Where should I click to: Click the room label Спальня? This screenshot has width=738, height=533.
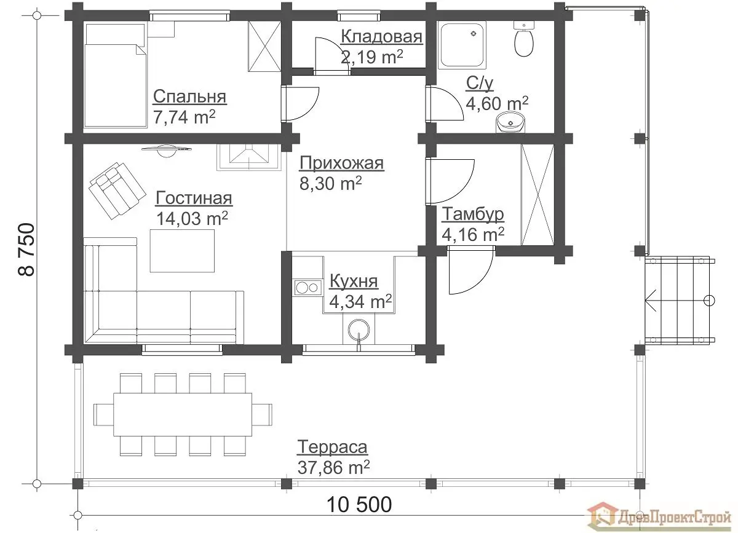coord(190,97)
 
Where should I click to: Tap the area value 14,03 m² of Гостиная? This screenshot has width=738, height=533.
coord(192,218)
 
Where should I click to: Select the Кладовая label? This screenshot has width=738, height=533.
coord(381,36)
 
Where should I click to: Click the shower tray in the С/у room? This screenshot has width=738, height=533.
coord(462,45)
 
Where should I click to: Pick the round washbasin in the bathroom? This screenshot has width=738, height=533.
coord(510,122)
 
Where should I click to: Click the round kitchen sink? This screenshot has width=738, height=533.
coord(359,330)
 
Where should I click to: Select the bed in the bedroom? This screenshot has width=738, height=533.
coord(116,76)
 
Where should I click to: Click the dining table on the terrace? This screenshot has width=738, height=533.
coord(183,414)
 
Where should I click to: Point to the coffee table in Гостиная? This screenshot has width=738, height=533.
coord(182,251)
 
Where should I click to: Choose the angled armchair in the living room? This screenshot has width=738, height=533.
coord(117,191)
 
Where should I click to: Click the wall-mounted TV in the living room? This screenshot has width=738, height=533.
coord(167,150)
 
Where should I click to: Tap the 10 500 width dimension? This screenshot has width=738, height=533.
coord(359,505)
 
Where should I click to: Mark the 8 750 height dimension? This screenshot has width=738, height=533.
coord(26,250)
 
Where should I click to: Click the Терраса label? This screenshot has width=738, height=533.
coord(333,448)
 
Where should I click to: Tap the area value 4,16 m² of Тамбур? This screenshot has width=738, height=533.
coord(473,234)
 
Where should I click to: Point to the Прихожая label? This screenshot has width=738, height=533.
coord(342,164)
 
